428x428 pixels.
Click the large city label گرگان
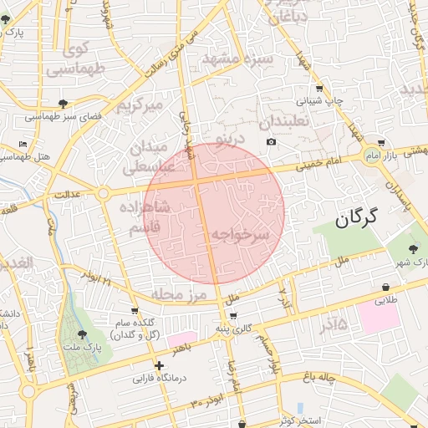[355, 219]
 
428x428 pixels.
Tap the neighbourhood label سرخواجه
[240, 236]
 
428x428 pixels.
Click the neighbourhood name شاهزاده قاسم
[144, 216]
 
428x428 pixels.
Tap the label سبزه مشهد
[237, 60]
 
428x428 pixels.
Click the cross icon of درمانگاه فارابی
[159, 365]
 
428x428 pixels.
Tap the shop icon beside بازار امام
[381, 143]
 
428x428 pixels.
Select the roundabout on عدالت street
[104, 194]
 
